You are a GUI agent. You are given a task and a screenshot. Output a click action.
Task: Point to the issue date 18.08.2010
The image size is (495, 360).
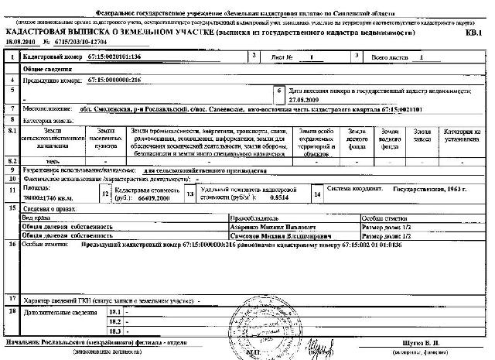click(x=22, y=43)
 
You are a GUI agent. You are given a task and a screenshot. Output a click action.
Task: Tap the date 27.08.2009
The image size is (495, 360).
click(x=305, y=99)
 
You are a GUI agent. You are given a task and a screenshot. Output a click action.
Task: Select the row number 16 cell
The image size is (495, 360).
click(x=12, y=243)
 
